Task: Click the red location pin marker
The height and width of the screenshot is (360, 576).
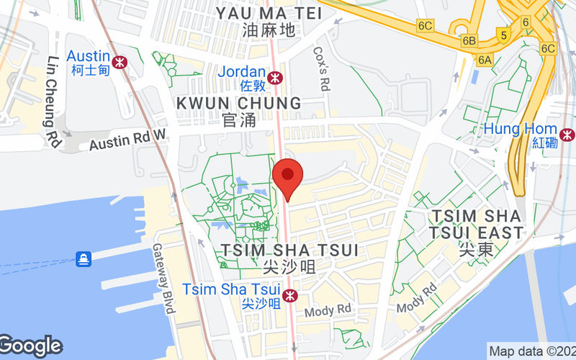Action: pyautogui.click(x=288, y=176)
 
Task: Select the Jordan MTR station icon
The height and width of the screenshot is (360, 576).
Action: pyautogui.click(x=274, y=77)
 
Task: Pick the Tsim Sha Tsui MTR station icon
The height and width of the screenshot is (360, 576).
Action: pyautogui.click(x=289, y=295)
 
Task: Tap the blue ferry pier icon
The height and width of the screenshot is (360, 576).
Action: pyautogui.click(x=84, y=258)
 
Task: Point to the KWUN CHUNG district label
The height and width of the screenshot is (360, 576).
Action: pyautogui.click(x=239, y=104)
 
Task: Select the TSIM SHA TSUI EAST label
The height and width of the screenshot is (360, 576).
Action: pyautogui.click(x=475, y=224)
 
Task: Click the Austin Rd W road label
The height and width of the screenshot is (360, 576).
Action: pyautogui.click(x=127, y=140)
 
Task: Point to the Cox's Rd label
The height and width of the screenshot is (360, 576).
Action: pyautogui.click(x=322, y=69)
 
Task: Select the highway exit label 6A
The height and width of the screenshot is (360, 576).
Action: pyautogui.click(x=485, y=60)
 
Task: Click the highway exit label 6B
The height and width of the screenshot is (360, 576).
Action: pyautogui.click(x=470, y=40)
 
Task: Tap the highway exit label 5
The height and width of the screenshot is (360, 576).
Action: pyautogui.click(x=504, y=34)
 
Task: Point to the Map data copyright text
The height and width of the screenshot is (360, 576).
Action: pyautogui.click(x=531, y=351)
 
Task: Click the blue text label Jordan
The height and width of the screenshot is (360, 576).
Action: pyautogui.click(x=242, y=72)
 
